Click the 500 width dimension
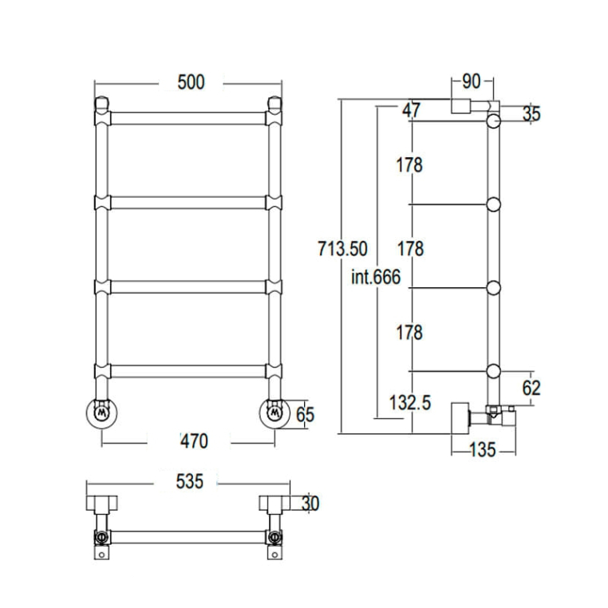point(191,82)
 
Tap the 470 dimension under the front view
point(194,441)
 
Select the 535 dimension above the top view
point(189,482)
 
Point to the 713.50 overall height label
point(342,249)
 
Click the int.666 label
point(376,277)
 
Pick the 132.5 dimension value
point(410,402)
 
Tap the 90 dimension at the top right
point(472,82)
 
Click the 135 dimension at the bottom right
point(483,450)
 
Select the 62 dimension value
point(531,388)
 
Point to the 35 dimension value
point(531,114)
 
